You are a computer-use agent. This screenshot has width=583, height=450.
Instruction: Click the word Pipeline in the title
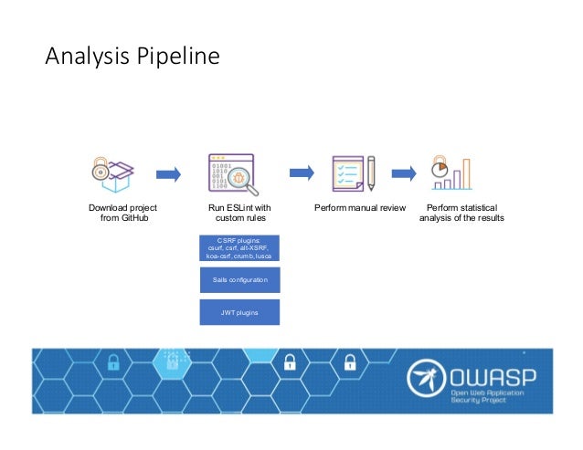point(178,58)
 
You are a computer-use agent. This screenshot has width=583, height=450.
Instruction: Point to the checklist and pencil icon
point(353,172)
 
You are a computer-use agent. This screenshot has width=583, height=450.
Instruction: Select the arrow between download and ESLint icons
point(168,173)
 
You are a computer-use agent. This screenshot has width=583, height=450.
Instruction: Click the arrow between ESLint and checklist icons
point(302,172)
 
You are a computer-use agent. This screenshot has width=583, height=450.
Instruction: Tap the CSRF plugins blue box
point(239,247)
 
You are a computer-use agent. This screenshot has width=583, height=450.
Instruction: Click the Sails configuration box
point(239,279)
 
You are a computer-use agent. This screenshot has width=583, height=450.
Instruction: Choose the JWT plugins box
point(239,311)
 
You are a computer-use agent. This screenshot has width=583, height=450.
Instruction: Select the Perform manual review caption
point(359,208)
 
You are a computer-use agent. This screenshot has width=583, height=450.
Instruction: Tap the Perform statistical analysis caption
point(461,213)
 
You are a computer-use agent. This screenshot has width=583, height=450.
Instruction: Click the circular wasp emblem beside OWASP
point(426,381)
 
